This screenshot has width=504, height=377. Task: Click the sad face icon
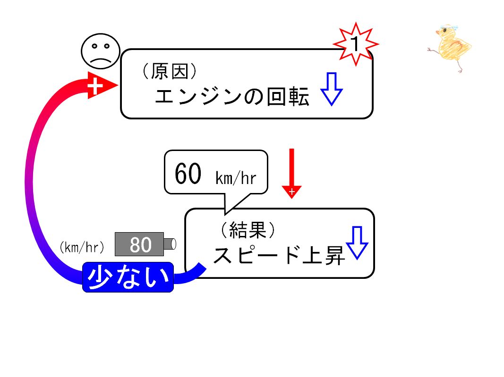click(101, 51)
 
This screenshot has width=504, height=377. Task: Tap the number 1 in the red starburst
click(355, 43)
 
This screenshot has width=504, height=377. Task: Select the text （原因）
click(170, 71)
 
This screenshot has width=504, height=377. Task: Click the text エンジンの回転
click(232, 96)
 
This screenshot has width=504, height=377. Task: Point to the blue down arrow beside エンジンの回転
click(332, 89)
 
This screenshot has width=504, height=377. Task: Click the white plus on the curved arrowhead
click(95, 85)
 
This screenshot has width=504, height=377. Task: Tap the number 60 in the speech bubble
click(188, 174)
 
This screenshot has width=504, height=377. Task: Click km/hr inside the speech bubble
click(236, 178)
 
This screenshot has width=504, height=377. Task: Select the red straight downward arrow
click(291, 174)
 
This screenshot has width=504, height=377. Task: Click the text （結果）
click(248, 230)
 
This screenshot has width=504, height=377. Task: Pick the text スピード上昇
click(279, 256)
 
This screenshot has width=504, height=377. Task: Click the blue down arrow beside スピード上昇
click(357, 243)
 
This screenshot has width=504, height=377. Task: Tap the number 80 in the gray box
click(140, 245)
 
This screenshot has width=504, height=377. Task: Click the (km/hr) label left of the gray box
click(82, 247)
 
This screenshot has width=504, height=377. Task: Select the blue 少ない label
click(128, 277)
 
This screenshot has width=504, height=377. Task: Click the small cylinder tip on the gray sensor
click(170, 244)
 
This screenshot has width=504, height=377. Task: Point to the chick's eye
click(444, 31)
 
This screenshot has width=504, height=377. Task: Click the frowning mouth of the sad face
click(101, 60)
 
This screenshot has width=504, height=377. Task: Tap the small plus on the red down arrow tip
click(291, 192)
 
